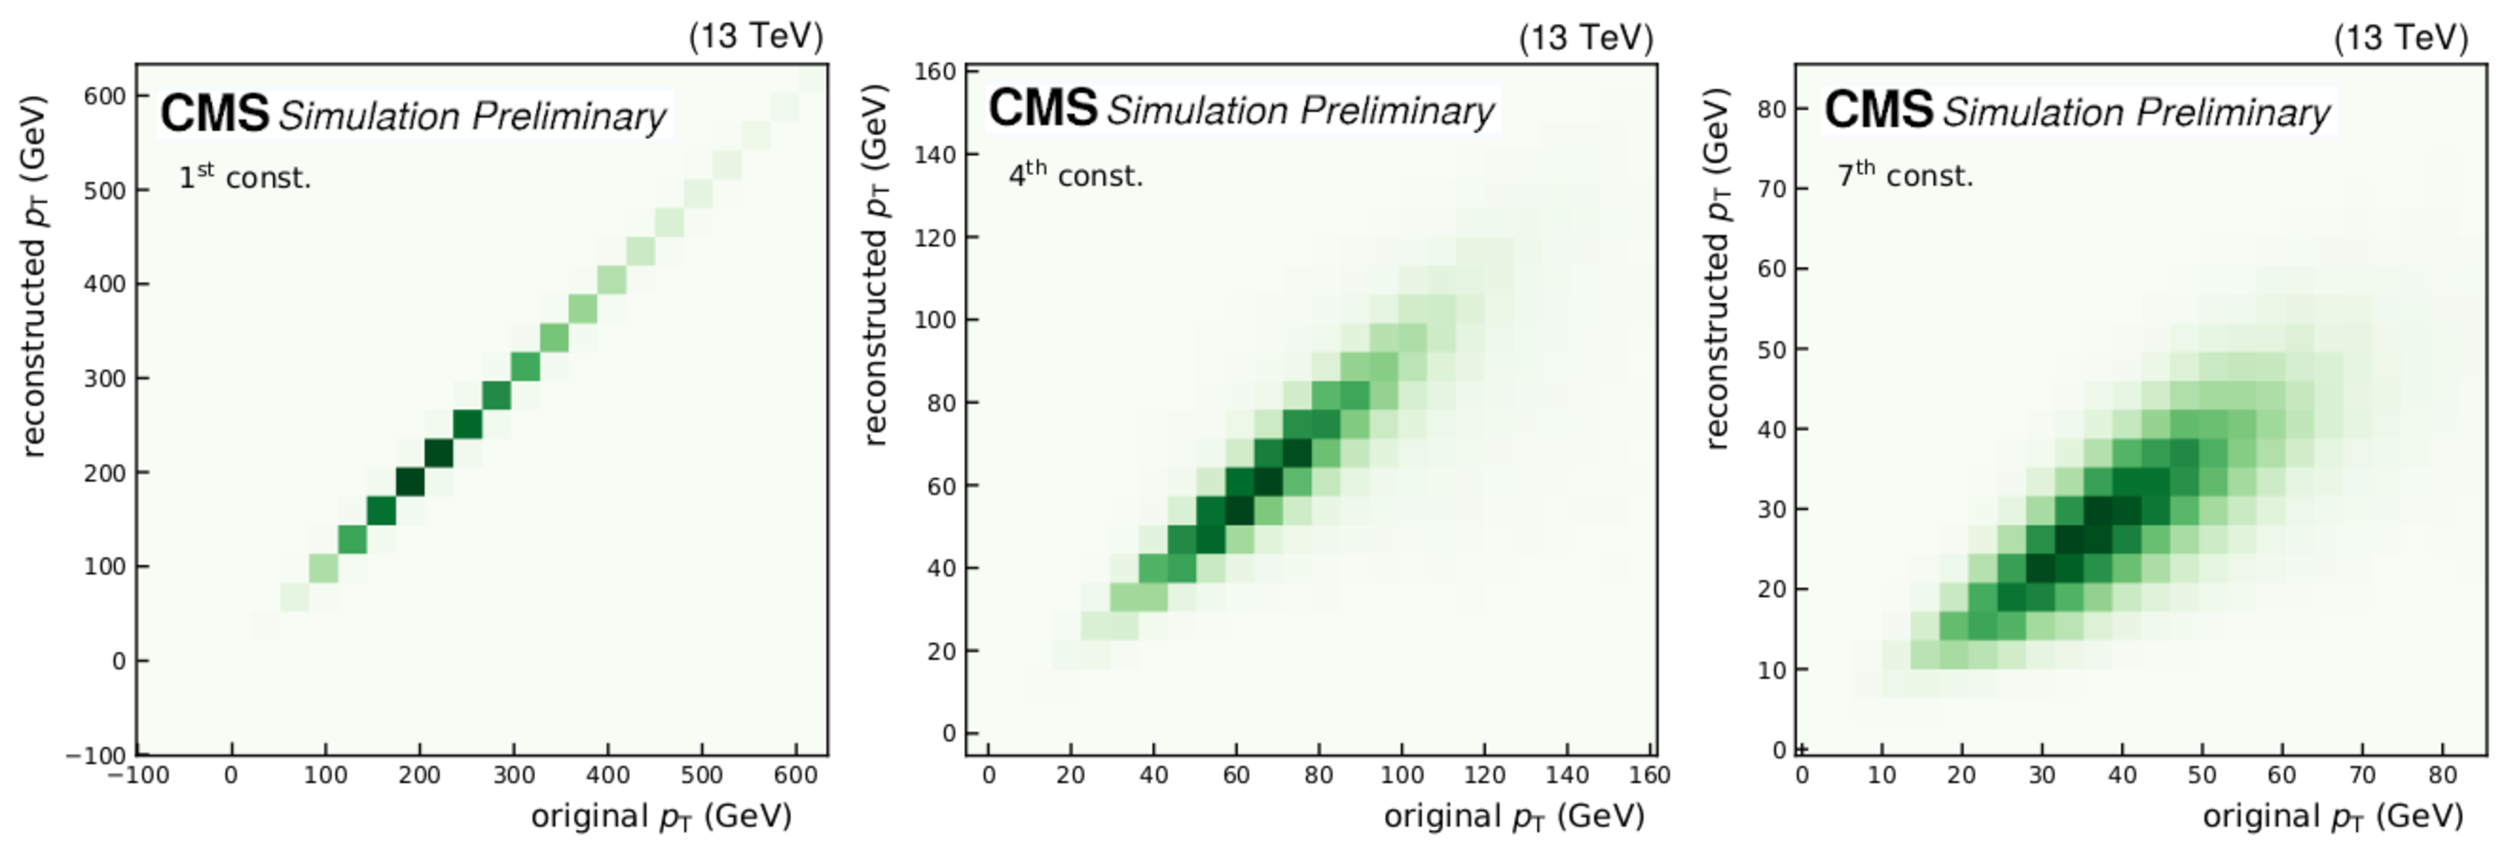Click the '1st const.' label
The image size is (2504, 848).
(245, 177)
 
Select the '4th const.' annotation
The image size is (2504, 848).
(1075, 175)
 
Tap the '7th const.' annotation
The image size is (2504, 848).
(1905, 175)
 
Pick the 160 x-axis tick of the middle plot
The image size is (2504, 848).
(1649, 775)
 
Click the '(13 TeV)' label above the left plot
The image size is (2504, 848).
(755, 36)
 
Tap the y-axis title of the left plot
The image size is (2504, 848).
(33, 275)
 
